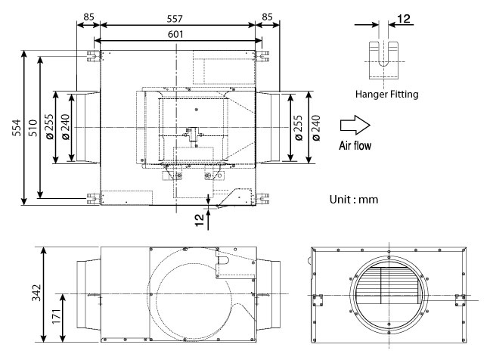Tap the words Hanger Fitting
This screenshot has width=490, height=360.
386,95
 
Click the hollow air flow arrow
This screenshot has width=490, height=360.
352,124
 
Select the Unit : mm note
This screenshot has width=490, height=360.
354,200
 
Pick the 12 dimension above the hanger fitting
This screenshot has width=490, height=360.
404,19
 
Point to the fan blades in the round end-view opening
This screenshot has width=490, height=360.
390,291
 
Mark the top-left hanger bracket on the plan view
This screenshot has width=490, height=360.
94,56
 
